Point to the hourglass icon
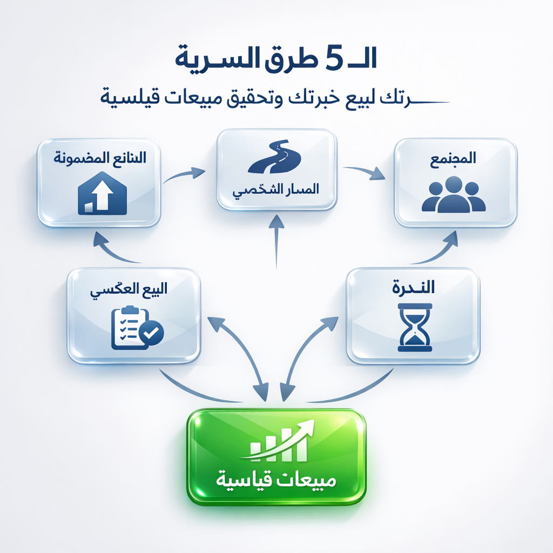coord(414,327)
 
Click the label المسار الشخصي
coord(275,190)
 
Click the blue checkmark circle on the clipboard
coord(150,334)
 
